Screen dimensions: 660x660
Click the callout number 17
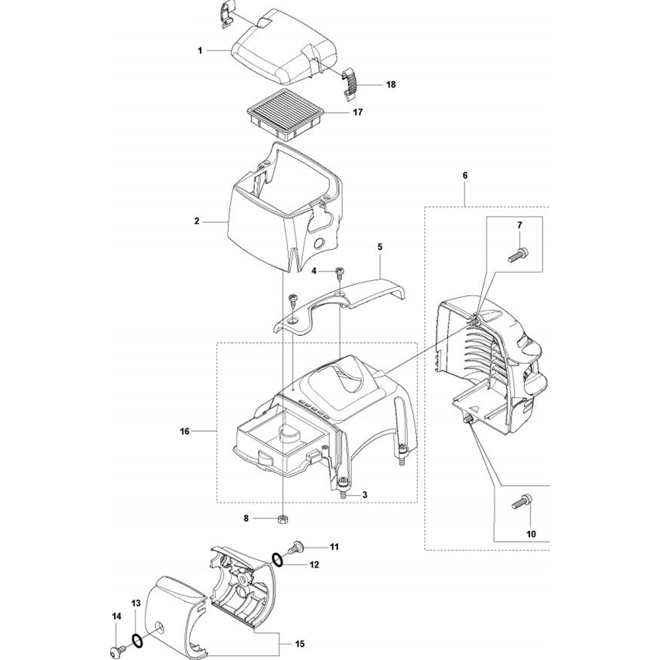358,113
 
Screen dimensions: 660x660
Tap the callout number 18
391,84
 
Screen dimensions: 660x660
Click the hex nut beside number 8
282,519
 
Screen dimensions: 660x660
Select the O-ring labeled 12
278,560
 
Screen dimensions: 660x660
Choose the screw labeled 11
296,546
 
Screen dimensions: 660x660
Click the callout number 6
465,176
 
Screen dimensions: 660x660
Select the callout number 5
380,246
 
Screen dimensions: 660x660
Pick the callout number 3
364,494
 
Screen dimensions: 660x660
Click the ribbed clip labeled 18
352,83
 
